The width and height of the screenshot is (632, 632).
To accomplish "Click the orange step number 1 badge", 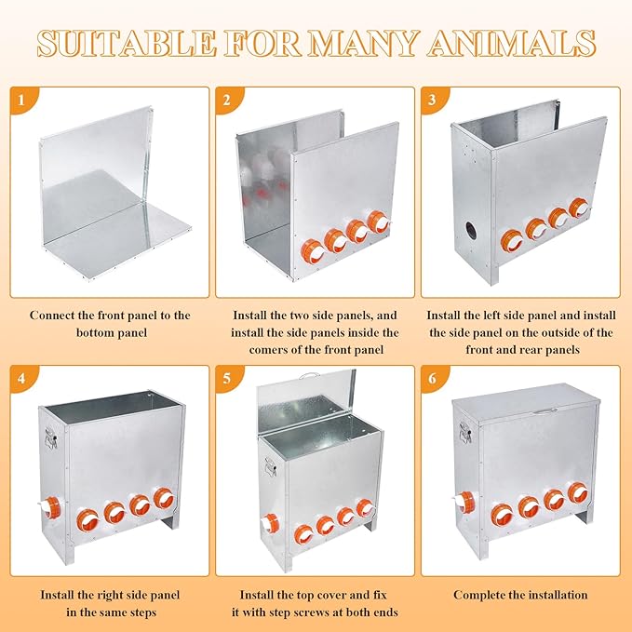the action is pyautogui.click(x=22, y=99).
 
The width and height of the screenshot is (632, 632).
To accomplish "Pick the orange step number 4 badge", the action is pyautogui.click(x=22, y=378).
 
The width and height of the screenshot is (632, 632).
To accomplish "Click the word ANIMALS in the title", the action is pyautogui.click(x=512, y=43).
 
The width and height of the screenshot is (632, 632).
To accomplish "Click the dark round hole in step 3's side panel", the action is pyautogui.click(x=470, y=230).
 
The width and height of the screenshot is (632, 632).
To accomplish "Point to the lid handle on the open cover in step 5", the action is pyautogui.click(x=309, y=376).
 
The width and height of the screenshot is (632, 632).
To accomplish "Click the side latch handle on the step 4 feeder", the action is pyautogui.click(x=50, y=437).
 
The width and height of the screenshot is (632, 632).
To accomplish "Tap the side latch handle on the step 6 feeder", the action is pyautogui.click(x=464, y=432).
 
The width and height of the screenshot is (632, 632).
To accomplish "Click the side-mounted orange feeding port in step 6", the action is pyautogui.click(x=465, y=502).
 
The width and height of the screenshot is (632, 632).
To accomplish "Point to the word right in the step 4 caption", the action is pyautogui.click(x=111, y=596).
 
